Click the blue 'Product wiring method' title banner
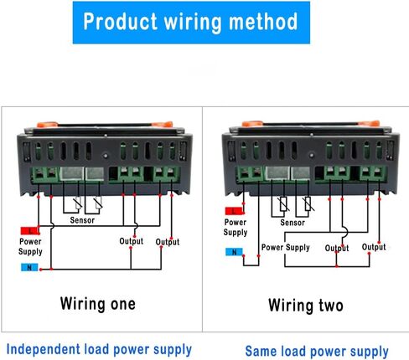(191, 23)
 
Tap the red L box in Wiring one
(29, 231)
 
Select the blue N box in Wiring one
(29, 267)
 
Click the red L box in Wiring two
(234, 211)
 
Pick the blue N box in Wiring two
(234, 252)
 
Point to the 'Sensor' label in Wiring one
(82, 220)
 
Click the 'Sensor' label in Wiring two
(293, 223)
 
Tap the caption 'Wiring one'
(98, 304)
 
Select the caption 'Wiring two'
(306, 306)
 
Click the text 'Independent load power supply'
(99, 350)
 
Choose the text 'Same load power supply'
(317, 352)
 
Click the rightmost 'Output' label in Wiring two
(374, 247)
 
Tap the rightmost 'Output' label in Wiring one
(168, 242)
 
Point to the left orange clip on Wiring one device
(47, 124)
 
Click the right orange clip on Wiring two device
(369, 123)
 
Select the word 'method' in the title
(263, 22)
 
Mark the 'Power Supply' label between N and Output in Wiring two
(286, 248)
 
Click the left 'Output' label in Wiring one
(132, 241)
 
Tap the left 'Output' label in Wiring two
(337, 248)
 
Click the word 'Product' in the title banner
(120, 22)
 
